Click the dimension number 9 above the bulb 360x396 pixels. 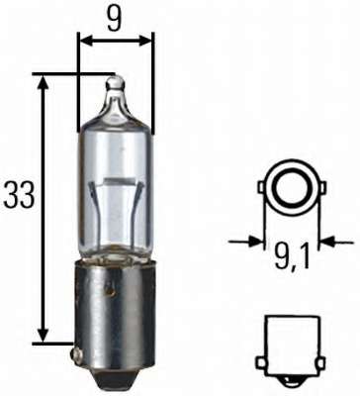point(117,18)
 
